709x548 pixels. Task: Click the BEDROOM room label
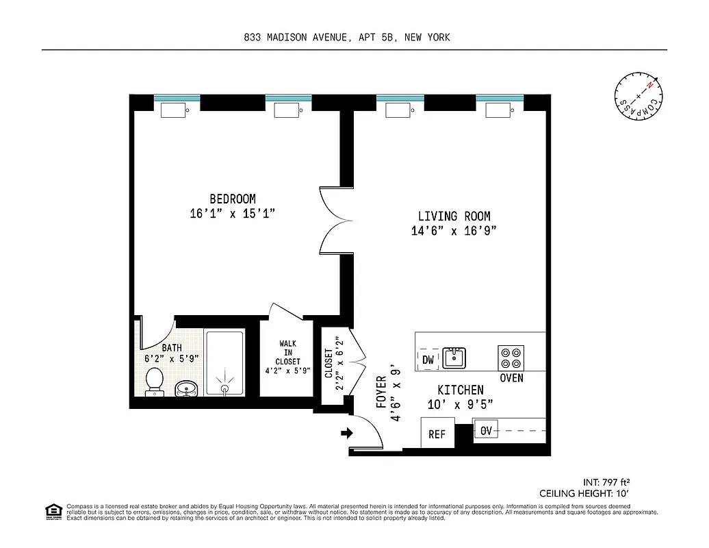tap(233, 199)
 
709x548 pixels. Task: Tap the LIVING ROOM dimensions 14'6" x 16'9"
tap(453, 231)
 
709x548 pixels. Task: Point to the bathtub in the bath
tap(224, 364)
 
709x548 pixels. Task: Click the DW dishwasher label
tap(428, 360)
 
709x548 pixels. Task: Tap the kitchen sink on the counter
tap(454, 357)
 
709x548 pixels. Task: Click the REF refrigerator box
tap(437, 434)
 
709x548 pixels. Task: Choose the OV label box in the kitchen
tap(486, 431)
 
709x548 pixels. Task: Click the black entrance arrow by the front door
tap(347, 433)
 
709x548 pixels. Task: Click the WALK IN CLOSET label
tap(288, 356)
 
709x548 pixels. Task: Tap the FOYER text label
tap(381, 392)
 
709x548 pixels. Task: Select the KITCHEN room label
tap(461, 390)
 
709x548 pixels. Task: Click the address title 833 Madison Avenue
tap(347, 38)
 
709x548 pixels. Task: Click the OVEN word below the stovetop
tap(511, 378)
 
